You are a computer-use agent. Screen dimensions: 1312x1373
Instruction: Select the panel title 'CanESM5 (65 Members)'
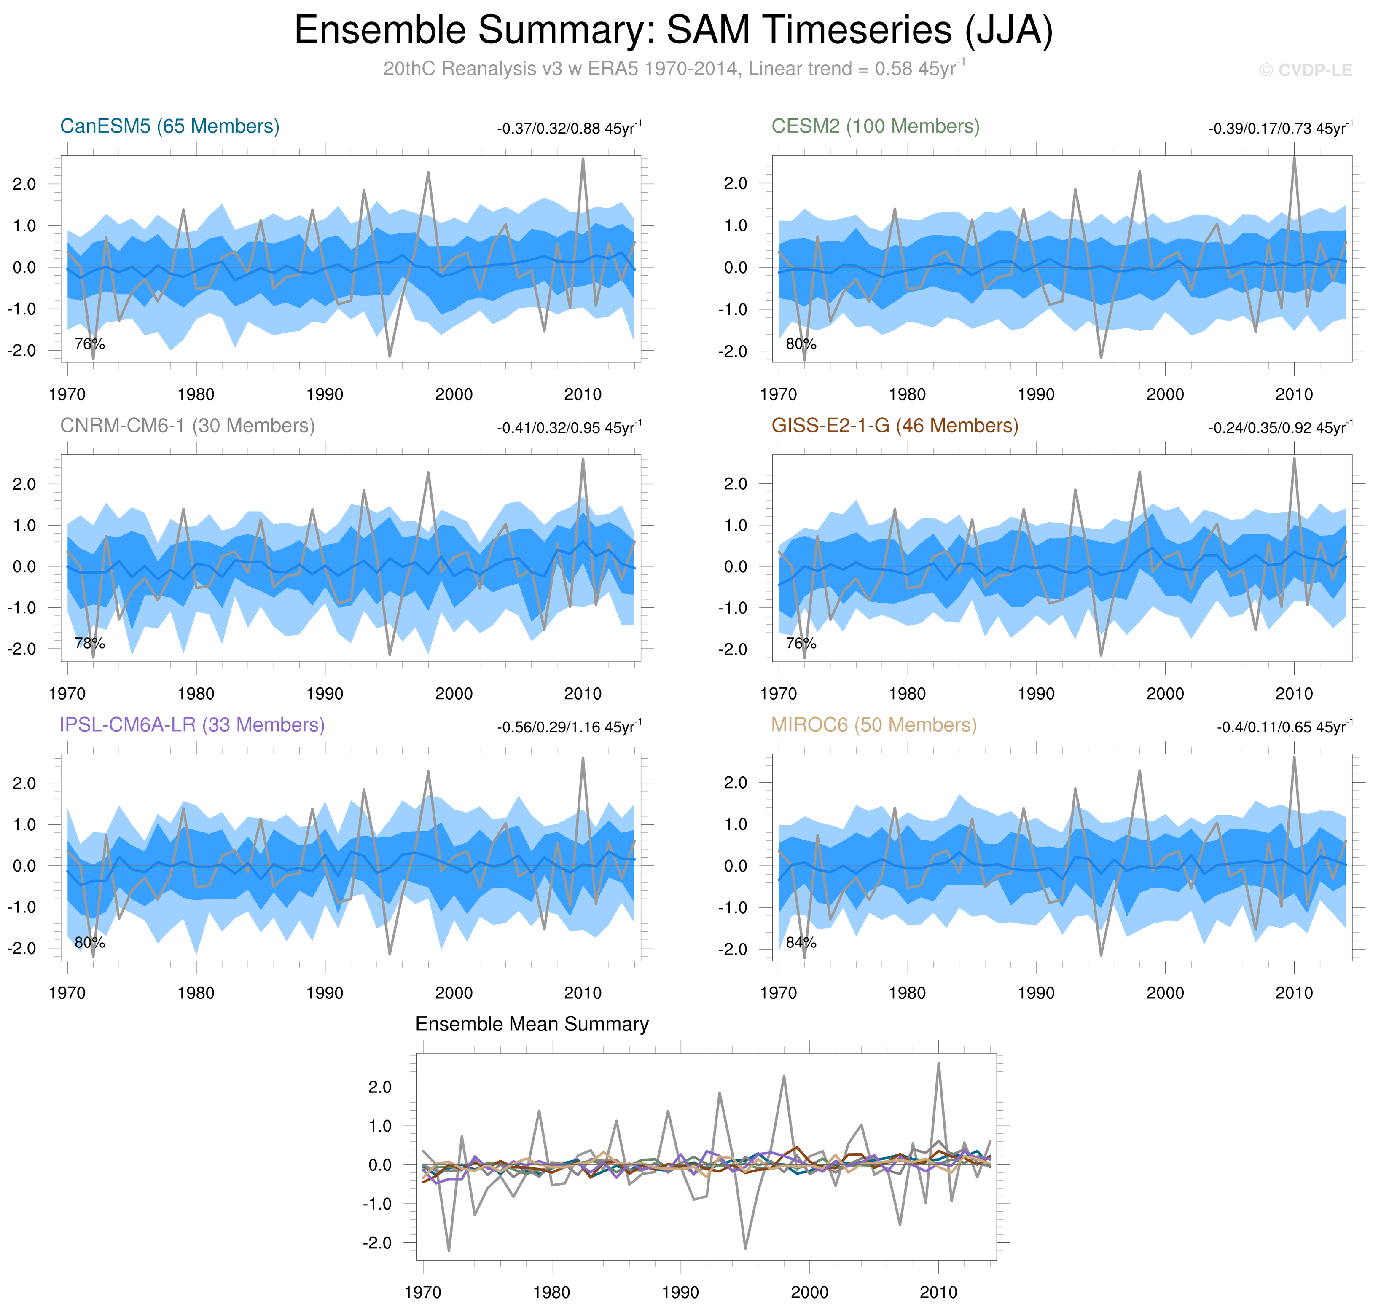[170, 126]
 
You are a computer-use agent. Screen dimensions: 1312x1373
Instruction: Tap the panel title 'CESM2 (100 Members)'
[875, 126]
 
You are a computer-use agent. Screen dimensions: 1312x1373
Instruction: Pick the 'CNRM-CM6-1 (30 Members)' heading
[188, 426]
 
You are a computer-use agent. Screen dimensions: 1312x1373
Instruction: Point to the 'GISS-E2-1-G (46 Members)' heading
[895, 426]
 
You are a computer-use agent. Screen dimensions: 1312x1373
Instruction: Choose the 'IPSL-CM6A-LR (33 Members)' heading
[192, 725]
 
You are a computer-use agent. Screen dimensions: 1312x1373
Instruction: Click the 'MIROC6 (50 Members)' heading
[873, 725]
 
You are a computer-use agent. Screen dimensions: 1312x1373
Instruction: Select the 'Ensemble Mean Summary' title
[532, 1025]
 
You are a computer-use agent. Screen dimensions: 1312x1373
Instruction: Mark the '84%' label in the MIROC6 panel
[801, 943]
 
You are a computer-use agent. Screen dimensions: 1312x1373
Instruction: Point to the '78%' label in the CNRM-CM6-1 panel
[89, 644]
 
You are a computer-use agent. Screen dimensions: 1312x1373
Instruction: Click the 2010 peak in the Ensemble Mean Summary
[938, 1065]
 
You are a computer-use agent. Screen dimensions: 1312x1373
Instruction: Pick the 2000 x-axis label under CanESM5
[454, 394]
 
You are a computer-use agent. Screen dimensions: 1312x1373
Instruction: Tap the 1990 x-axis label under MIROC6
[1036, 993]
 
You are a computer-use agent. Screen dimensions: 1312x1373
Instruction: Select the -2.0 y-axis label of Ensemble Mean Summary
[376, 1243]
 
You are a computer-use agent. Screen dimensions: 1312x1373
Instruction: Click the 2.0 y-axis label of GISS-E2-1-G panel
[735, 484]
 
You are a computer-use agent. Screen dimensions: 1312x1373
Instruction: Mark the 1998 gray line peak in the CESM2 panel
[1139, 172]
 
